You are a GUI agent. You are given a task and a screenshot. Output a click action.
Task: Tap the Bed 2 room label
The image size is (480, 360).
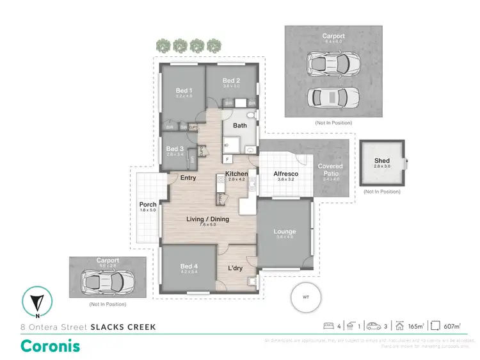(x=231, y=81)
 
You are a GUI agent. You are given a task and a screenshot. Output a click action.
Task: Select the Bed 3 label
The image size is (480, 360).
(x=175, y=149)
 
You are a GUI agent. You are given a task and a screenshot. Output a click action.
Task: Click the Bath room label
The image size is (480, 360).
(x=240, y=126)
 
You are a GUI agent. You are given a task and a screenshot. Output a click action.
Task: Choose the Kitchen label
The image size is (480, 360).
(x=236, y=174)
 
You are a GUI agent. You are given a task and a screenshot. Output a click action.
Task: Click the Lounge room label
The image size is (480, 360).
(x=285, y=231)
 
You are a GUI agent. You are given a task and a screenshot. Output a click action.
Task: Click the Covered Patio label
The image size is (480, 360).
(x=330, y=170)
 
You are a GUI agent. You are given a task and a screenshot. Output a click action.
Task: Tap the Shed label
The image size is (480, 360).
(x=381, y=161)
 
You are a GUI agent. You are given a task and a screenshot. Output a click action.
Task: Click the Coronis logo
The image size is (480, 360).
(x=51, y=346)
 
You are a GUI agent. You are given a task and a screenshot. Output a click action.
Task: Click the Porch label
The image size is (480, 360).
(x=148, y=205)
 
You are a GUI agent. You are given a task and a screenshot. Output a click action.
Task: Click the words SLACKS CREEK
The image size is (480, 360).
(x=123, y=327)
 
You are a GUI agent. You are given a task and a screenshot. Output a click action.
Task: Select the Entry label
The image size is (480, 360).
(x=188, y=177)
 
